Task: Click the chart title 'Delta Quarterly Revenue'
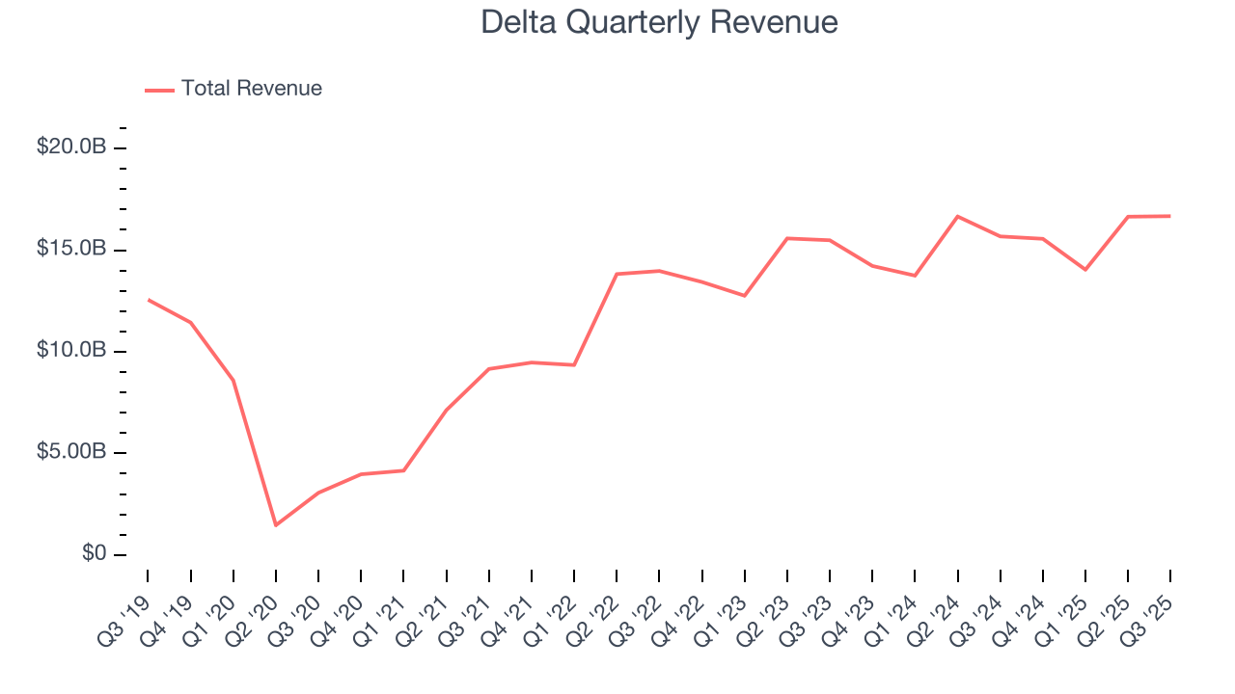click(659, 23)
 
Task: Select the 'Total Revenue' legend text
click(252, 89)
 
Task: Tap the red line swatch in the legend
click(159, 90)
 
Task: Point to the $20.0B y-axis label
click(71, 147)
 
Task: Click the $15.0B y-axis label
click(71, 249)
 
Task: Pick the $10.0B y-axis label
click(71, 350)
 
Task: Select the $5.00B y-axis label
click(71, 452)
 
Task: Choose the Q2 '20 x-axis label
click(255, 607)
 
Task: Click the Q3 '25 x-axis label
click(1150, 607)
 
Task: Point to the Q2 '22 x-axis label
click(596, 607)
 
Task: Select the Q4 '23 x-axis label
click(852, 607)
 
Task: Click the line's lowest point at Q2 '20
click(276, 525)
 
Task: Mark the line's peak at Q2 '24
click(958, 216)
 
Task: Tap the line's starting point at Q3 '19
click(148, 300)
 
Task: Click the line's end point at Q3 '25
click(1170, 216)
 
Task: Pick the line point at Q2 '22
click(617, 274)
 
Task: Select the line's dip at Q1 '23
click(745, 296)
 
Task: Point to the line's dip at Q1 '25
click(1085, 270)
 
